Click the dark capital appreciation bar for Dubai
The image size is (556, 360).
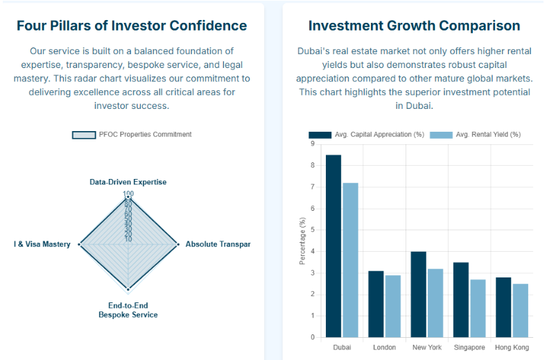(x=333, y=246)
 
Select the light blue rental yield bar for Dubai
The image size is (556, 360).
(x=350, y=260)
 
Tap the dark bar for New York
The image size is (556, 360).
(x=418, y=295)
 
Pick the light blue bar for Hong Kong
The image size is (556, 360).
(x=520, y=311)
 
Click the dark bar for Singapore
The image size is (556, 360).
(x=460, y=300)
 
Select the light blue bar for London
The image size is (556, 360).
(x=393, y=306)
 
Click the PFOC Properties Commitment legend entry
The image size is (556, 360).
(x=132, y=135)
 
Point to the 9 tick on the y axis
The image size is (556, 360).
(x=312, y=144)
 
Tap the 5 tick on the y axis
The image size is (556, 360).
(x=312, y=230)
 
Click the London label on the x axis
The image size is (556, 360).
(x=384, y=347)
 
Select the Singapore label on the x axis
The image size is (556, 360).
(x=469, y=347)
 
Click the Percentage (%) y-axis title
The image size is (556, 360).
(x=302, y=241)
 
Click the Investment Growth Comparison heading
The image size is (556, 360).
(x=414, y=26)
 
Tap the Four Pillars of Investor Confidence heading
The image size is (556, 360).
(x=132, y=26)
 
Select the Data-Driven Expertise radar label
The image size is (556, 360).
(x=128, y=182)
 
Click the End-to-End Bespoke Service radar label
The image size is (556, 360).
(x=128, y=310)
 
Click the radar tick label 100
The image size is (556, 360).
(x=128, y=194)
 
